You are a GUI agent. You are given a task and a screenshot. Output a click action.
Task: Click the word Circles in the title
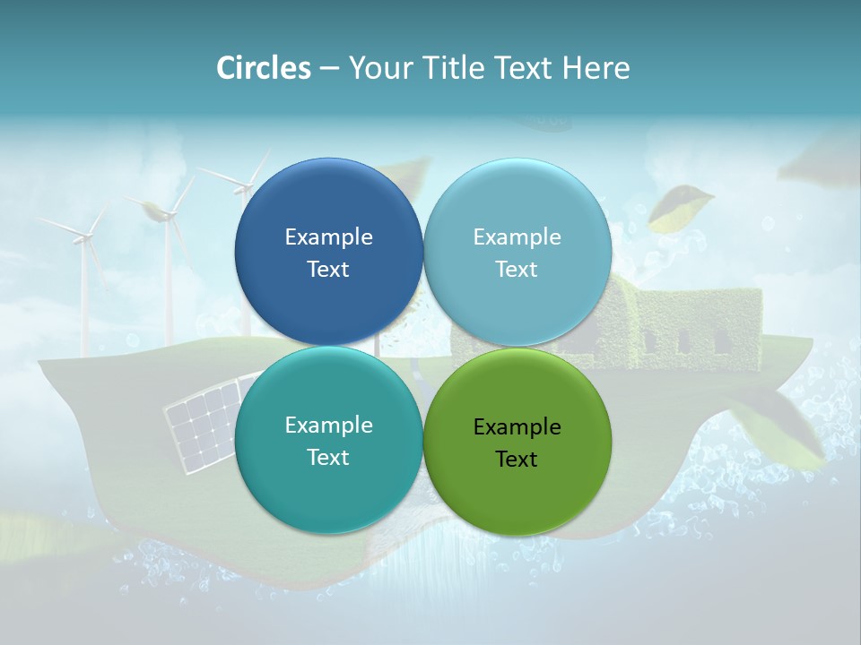263,68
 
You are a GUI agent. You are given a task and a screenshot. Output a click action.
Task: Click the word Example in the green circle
517,427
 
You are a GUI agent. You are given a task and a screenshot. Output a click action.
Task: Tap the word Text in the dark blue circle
328,270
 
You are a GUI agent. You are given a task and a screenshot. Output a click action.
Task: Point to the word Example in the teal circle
328,426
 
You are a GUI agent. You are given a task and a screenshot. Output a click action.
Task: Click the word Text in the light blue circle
517,270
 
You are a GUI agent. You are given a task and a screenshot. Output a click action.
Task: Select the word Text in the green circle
517,460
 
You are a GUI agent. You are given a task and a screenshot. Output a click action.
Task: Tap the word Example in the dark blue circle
328,237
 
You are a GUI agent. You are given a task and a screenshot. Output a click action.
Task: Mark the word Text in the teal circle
328,458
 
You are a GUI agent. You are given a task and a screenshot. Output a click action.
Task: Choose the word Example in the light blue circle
517,237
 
